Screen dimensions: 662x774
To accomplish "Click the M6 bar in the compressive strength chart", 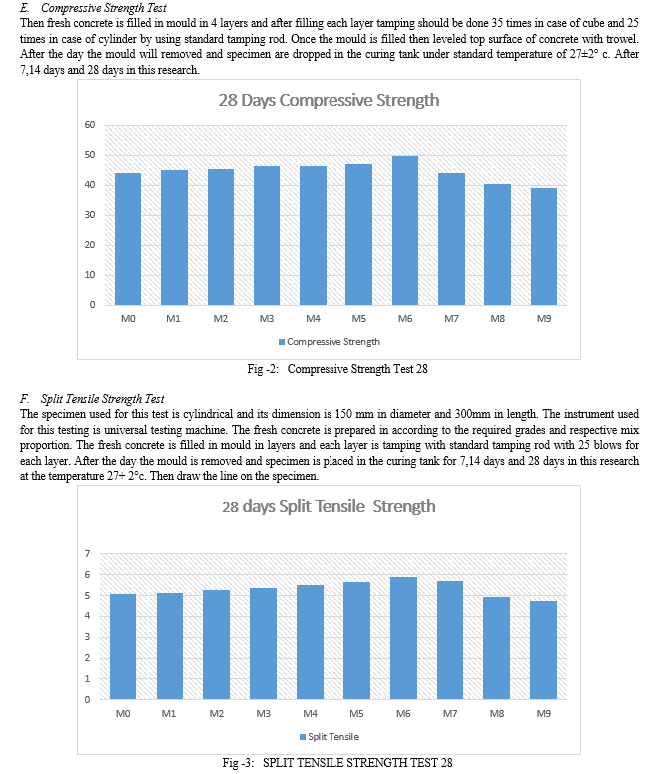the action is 405,230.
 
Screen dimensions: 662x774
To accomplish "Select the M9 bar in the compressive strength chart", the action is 544,246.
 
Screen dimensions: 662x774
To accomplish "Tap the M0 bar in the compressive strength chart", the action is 128,239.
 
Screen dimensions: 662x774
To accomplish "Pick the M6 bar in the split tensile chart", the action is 403,638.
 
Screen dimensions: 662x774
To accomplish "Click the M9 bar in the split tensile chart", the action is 543,650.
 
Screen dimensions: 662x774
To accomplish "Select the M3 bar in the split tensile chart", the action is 264,644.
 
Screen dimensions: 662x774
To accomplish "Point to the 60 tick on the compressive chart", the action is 89,125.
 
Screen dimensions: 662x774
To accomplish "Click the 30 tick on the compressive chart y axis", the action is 89,215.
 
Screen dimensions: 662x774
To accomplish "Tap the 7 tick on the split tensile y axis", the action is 88,554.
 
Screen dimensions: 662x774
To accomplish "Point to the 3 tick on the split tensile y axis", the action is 88,637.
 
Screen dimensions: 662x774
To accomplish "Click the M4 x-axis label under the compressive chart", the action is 313,319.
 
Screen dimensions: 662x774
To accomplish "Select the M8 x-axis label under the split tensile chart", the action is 497,714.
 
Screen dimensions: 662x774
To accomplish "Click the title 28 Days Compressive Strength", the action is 329,100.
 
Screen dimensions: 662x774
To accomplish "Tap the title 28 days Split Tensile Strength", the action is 329,507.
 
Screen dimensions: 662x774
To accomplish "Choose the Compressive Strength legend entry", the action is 330,342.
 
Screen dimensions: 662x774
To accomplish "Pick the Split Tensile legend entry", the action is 330,737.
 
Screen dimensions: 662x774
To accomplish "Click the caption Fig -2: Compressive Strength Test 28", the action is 337,369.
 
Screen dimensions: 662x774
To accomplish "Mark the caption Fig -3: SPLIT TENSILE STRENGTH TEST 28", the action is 337,763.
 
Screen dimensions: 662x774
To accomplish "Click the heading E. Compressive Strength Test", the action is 93,8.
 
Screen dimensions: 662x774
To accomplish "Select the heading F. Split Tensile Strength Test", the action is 92,399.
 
